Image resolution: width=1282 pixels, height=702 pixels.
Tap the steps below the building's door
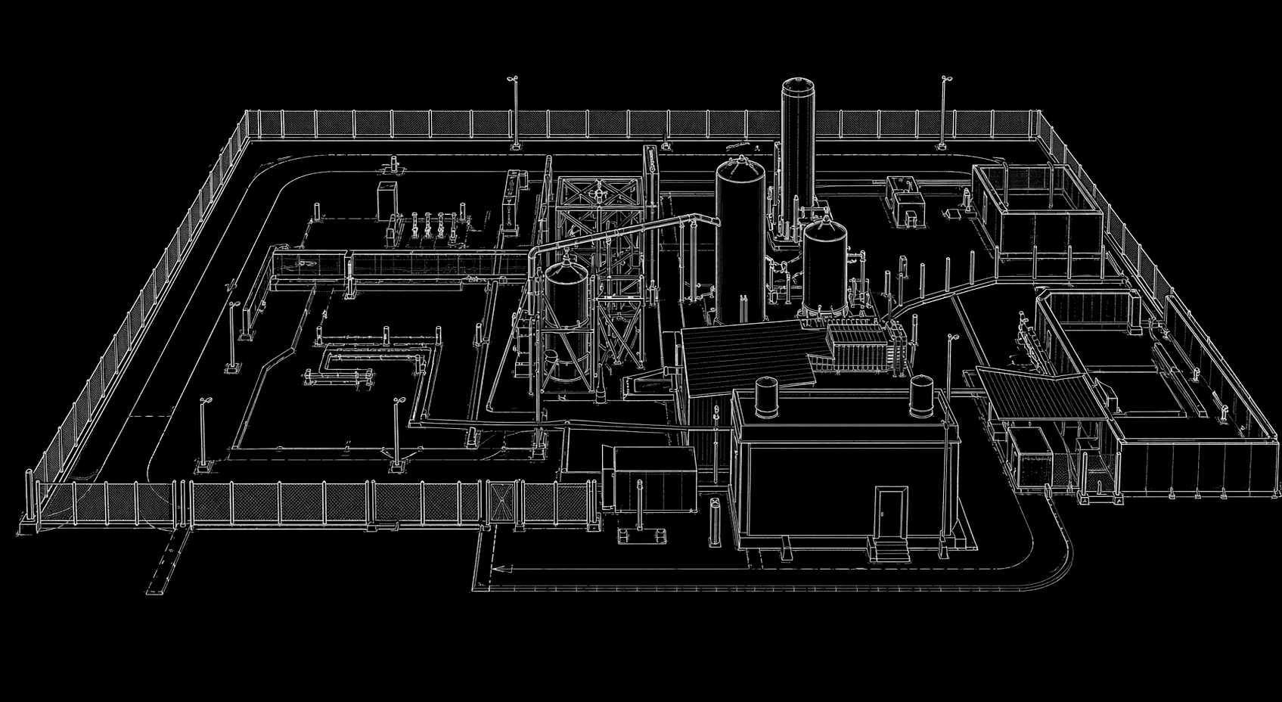click(891, 550)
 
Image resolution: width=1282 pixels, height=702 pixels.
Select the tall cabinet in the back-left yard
click(387, 200)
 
